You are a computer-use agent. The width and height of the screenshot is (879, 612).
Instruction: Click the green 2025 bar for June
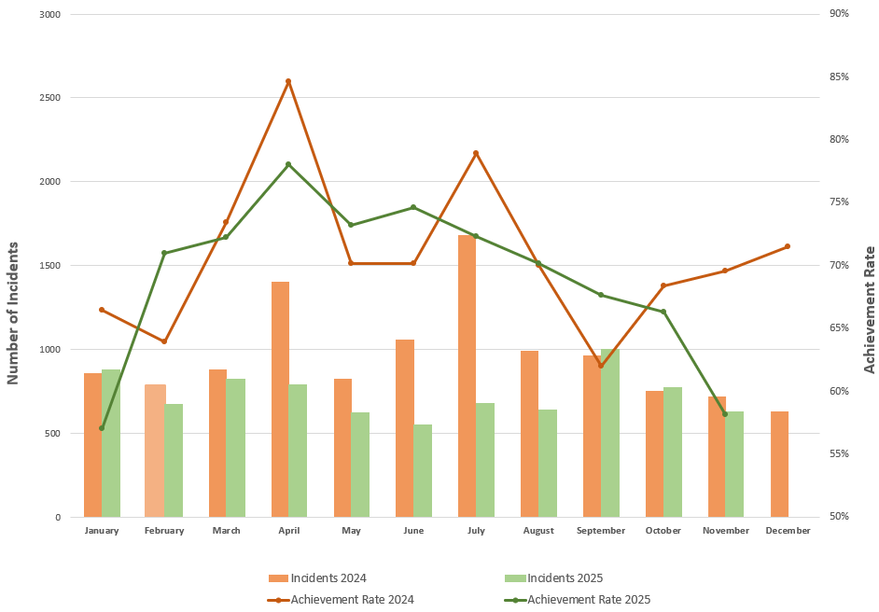coord(423,470)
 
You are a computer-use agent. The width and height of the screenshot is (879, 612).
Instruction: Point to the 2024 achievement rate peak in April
coord(288,81)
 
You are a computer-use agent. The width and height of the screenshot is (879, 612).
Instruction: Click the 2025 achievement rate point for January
coord(102,428)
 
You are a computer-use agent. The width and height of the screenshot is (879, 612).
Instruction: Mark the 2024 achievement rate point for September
coord(601,366)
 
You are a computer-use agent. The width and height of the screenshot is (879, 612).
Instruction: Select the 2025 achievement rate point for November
coord(725,413)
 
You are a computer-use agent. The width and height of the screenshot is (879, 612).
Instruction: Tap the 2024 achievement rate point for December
coord(788,246)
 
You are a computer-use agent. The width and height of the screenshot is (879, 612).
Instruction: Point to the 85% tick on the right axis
coord(839,76)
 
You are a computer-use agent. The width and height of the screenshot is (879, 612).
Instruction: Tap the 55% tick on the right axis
coord(839,453)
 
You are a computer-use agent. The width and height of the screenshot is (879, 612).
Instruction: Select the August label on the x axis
coord(538,531)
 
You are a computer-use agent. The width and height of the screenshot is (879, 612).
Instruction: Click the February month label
coord(164,531)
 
